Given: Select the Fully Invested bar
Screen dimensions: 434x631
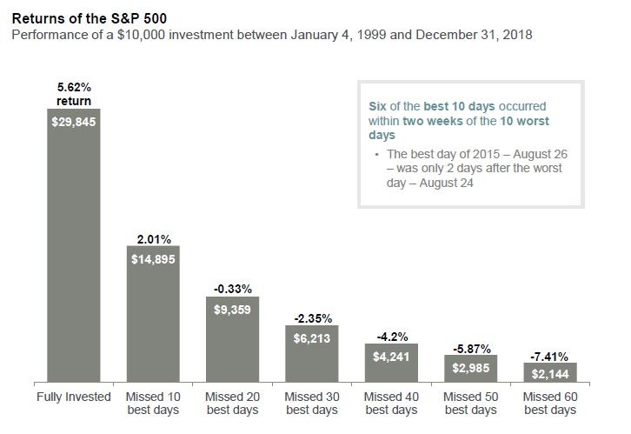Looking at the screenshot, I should coord(74,252).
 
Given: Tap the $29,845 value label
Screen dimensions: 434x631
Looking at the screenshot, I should coord(74,123).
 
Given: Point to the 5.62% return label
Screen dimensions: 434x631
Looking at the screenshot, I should coord(74,95).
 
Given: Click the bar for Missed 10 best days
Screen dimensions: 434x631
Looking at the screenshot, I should coord(153,322).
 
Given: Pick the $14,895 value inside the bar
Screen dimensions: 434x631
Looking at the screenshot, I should coord(153,259).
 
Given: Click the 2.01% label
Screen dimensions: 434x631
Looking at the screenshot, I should coord(153,239).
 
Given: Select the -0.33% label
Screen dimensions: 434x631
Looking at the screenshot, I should coord(232,287).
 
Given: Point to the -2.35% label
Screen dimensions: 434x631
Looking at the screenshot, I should coord(312,318).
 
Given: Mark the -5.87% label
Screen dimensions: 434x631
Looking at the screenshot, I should coord(470,348).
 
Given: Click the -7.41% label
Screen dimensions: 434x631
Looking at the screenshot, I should coord(549,357).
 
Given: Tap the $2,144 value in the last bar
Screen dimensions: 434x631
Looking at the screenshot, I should coord(549,373).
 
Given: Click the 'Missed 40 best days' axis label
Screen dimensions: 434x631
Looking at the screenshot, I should coord(391,404).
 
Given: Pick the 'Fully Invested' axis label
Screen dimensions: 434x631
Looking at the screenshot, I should coord(74,397).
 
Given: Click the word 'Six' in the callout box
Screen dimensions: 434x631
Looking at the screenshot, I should coord(380,106).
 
